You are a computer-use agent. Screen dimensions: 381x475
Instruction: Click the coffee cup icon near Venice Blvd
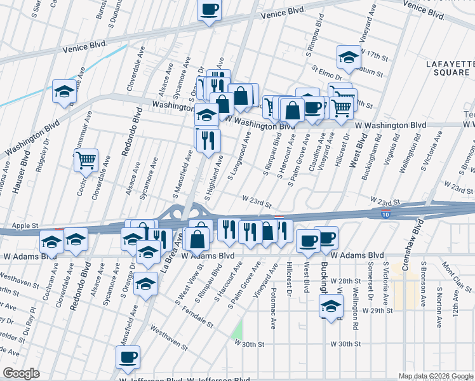[x=209, y=10]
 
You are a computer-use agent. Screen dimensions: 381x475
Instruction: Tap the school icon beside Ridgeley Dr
[x=64, y=91]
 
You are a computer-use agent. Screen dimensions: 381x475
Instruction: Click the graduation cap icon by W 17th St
[x=349, y=58]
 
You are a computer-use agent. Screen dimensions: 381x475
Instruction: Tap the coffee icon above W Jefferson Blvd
[x=128, y=357]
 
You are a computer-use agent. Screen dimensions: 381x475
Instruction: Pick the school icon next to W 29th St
[x=330, y=306]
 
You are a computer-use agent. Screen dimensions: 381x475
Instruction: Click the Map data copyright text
[x=436, y=376]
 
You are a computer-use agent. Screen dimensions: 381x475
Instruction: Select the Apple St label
[x=26, y=225]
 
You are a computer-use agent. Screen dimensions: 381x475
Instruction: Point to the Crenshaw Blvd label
[x=418, y=234]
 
